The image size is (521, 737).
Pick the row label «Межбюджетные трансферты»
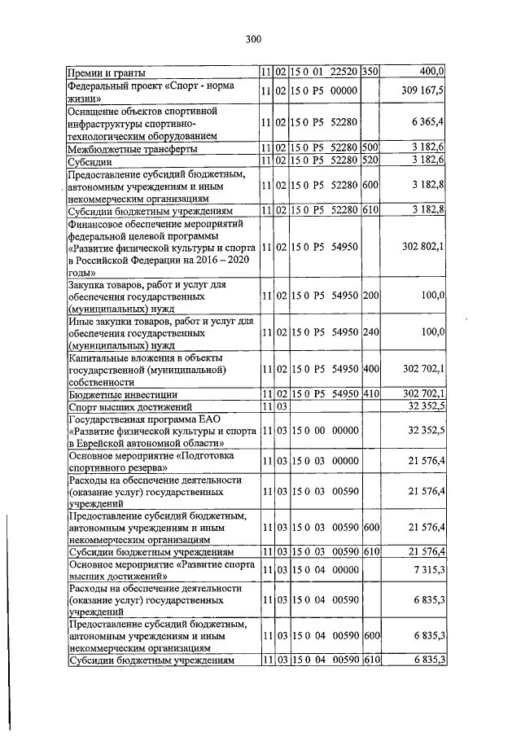click(132, 148)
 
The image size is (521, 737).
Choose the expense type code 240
click(370, 332)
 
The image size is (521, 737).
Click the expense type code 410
click(370, 394)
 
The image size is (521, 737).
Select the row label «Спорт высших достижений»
click(129, 406)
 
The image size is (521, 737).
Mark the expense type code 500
click(370, 148)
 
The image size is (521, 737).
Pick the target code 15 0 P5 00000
click(323, 90)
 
